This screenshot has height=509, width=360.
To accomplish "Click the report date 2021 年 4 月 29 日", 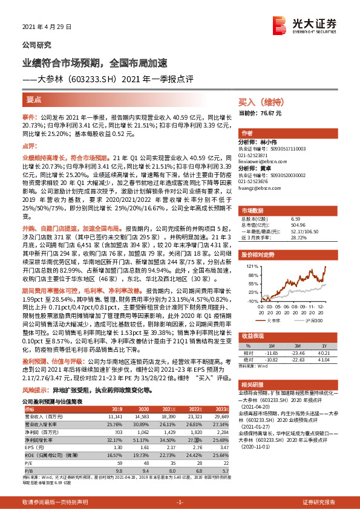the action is (x=47, y=27).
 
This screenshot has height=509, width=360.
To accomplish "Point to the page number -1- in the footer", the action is (x=180, y=503).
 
